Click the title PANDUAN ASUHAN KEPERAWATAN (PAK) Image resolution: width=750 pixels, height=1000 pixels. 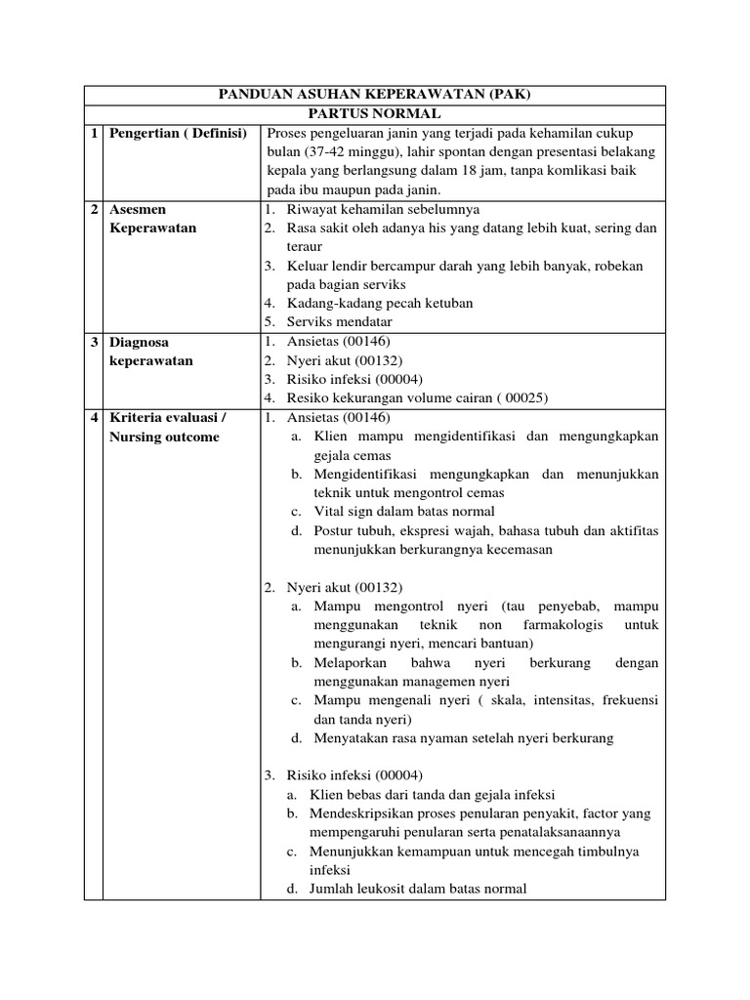(x=374, y=95)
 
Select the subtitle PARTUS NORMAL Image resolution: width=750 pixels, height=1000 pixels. (x=374, y=113)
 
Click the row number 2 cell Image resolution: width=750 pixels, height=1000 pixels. (x=94, y=209)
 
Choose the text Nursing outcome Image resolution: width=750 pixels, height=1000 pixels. (x=165, y=437)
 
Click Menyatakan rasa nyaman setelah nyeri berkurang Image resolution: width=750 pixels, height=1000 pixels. (x=464, y=738)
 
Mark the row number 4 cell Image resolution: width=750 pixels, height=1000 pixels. (x=94, y=418)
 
